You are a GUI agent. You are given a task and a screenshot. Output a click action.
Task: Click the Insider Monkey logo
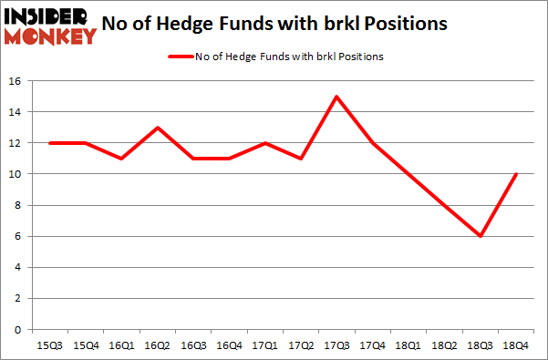click(51, 25)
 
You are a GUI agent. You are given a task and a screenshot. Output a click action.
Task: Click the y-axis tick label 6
click(18, 236)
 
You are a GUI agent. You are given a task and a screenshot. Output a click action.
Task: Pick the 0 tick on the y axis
click(18, 329)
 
